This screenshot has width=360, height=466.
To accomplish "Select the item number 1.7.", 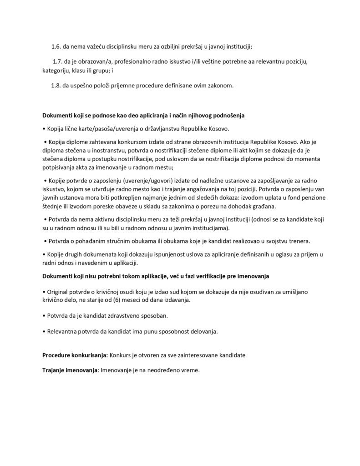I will click(x=59, y=61).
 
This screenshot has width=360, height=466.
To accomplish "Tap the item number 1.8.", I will click(x=56, y=85).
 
